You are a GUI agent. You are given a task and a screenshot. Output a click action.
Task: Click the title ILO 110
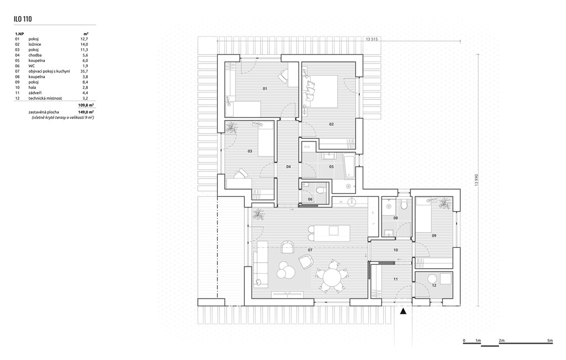[x=23, y=19]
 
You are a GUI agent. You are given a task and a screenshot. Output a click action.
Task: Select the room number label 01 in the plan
[x=265, y=88]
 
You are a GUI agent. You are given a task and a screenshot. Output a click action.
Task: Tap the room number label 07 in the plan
[x=310, y=250]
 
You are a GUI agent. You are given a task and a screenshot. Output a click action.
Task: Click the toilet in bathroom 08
[x=405, y=205]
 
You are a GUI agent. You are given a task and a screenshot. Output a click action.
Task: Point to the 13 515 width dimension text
[x=371, y=40]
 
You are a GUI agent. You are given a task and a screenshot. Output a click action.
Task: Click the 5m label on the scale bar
[x=549, y=340]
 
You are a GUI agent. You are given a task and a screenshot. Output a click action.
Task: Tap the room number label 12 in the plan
[x=434, y=285]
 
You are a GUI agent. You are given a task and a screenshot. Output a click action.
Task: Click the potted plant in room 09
[x=444, y=204]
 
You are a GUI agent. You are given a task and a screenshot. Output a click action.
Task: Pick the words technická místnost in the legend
[x=49, y=98]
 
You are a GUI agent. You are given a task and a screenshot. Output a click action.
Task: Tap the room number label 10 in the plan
[x=396, y=250]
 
